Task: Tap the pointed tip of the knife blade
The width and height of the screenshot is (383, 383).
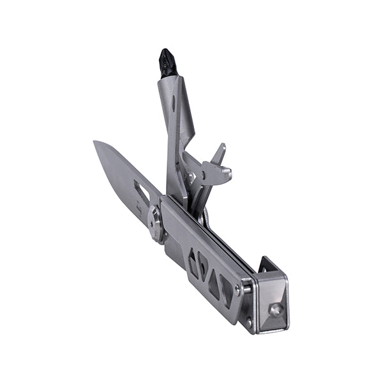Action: (x=96, y=144)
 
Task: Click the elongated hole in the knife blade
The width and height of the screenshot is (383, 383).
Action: (x=141, y=192)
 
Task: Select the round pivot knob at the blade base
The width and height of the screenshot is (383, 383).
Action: (x=155, y=223)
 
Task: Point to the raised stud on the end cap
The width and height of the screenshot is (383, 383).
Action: (x=276, y=310)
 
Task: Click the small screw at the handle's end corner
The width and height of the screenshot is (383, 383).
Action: (x=237, y=289)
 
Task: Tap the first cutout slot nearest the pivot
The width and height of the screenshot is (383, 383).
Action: (x=192, y=262)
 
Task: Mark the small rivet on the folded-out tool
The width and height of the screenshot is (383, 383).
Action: (x=191, y=174)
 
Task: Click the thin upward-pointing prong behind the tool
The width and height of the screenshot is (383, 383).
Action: (x=220, y=153)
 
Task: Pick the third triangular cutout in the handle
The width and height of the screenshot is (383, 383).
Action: (x=214, y=281)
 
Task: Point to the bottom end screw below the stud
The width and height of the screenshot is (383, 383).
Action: (x=250, y=322)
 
